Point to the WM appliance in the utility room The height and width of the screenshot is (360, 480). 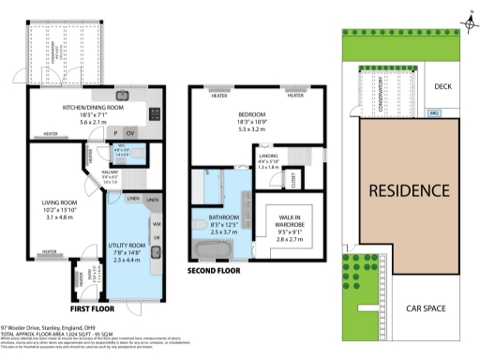[157, 224]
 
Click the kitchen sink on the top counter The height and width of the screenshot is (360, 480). [122, 95]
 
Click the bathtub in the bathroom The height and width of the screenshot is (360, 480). [207, 250]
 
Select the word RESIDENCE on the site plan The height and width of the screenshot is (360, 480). [408, 191]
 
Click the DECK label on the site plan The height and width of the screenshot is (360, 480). [442, 86]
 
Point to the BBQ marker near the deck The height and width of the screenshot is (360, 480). [434, 113]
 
